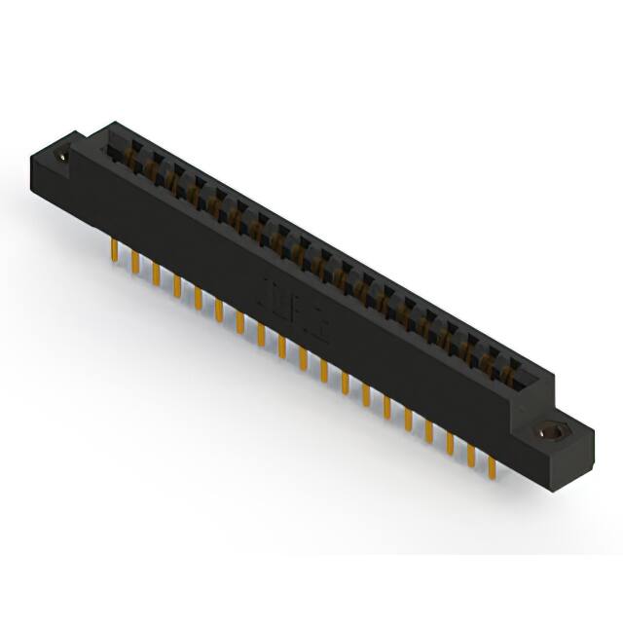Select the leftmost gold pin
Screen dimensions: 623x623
point(113,250)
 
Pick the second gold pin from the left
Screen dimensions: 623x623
point(134,262)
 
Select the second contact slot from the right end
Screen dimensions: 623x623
point(488,356)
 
